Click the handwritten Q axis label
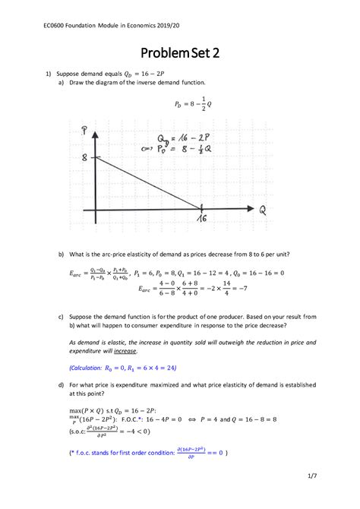[x=261, y=209]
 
